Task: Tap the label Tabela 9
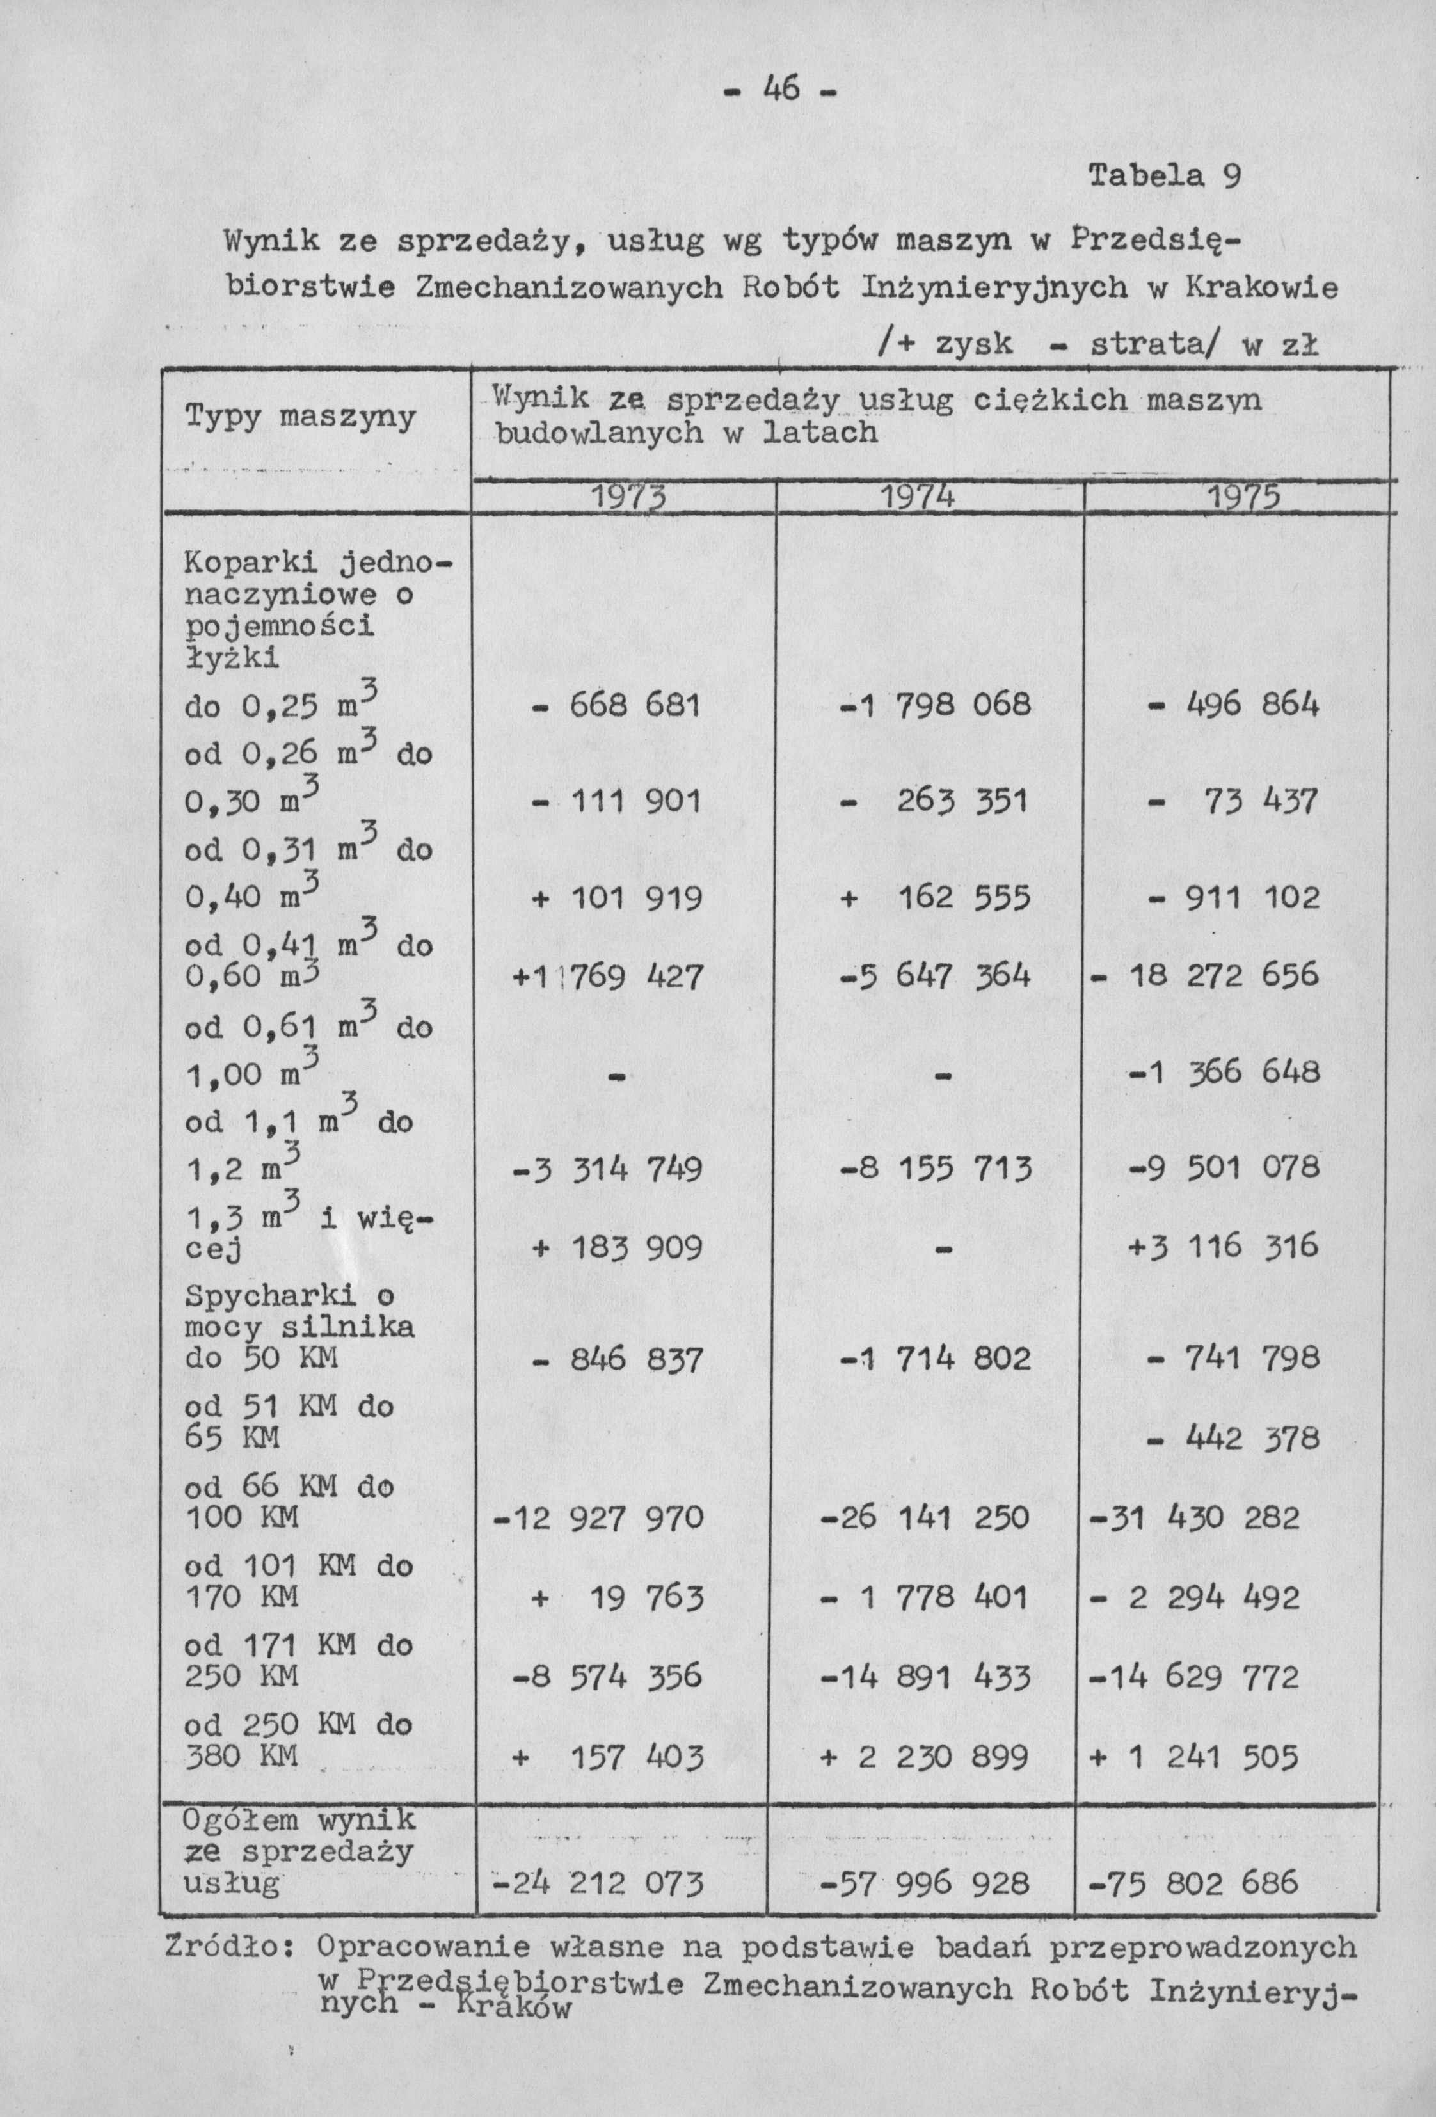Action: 1163,174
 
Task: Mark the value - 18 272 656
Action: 1204,975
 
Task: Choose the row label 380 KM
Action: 241,1754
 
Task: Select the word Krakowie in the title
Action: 1261,289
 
